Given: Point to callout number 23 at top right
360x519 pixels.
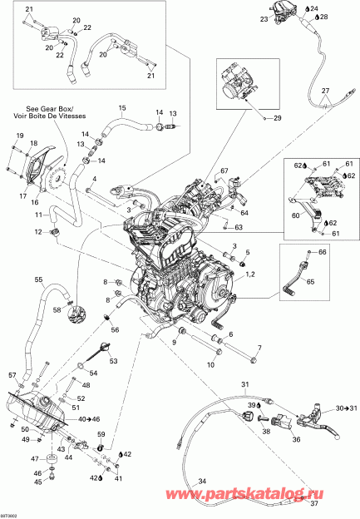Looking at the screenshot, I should [x=264, y=18].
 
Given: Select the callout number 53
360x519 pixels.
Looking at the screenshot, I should [x=113, y=361].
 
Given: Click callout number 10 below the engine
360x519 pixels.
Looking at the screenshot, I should [x=186, y=364].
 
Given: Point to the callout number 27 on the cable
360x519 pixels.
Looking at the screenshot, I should [x=326, y=89].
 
